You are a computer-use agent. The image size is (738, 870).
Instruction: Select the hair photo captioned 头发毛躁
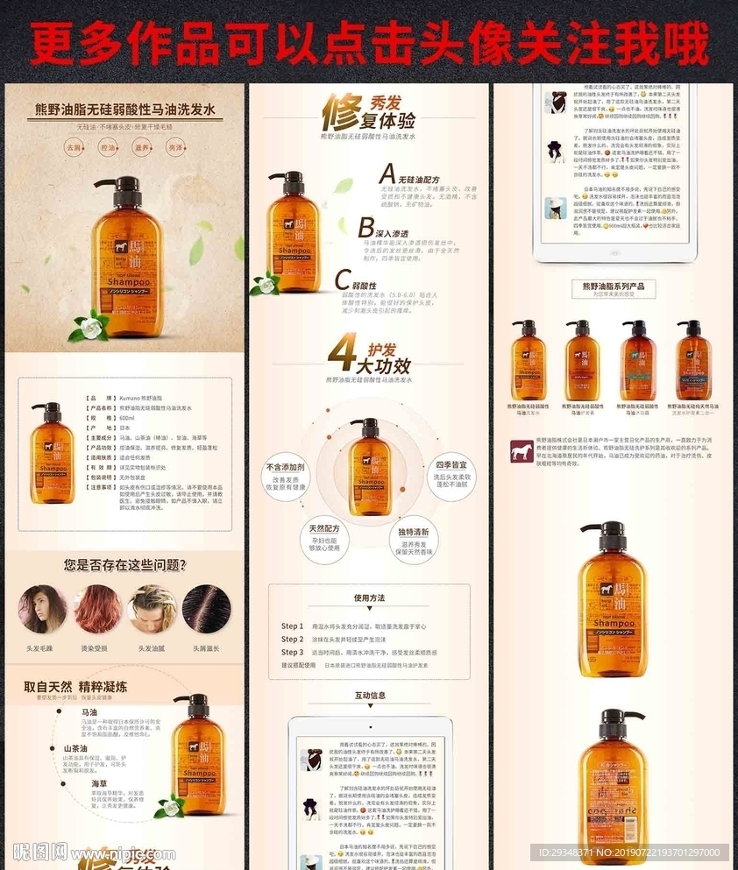pyautogui.click(x=41, y=609)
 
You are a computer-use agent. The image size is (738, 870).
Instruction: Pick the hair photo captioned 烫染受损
pyautogui.click(x=97, y=609)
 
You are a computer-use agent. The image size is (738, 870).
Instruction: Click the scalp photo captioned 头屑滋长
pyautogui.click(x=206, y=609)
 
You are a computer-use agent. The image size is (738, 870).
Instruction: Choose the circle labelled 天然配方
pyautogui.click(x=325, y=538)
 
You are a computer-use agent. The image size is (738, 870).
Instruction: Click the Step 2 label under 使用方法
pyautogui.click(x=292, y=639)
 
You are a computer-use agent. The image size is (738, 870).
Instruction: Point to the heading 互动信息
pyautogui.click(x=370, y=696)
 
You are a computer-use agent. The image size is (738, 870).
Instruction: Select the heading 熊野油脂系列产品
pyautogui.click(x=613, y=286)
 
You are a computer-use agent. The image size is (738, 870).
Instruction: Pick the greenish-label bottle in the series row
pyautogui.click(x=638, y=359)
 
